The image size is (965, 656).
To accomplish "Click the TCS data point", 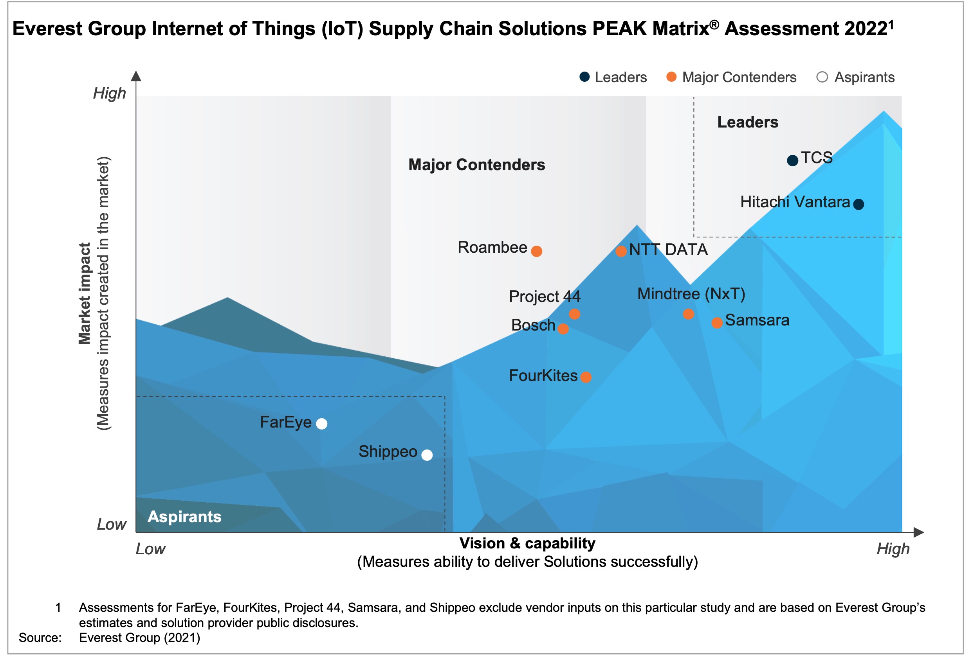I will (x=792, y=160).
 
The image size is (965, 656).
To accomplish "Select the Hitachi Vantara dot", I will (x=858, y=204).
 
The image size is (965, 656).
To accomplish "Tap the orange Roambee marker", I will (x=536, y=251).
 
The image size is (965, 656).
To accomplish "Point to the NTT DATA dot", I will (x=621, y=251).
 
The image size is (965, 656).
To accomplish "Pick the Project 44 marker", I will (x=574, y=314).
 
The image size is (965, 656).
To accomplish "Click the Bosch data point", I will (x=563, y=329).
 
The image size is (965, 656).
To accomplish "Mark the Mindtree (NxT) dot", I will (x=688, y=314).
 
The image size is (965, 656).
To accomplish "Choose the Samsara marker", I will (x=717, y=323).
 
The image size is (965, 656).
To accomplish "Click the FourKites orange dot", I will (x=586, y=377).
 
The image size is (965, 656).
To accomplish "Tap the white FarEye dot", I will (x=321, y=424).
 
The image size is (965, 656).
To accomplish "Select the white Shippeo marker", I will (x=427, y=455).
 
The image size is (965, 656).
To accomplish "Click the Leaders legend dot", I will (x=584, y=77).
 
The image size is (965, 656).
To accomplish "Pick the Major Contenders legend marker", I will (x=671, y=77).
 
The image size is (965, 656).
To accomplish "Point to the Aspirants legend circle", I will (x=822, y=77).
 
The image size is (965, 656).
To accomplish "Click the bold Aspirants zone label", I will (x=184, y=517).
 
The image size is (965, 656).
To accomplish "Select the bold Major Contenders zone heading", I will (x=476, y=165).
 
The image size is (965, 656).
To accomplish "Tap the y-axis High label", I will (x=109, y=93).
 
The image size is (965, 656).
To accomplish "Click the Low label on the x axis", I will (x=150, y=548).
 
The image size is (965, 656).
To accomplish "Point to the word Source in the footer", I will (x=40, y=637).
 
